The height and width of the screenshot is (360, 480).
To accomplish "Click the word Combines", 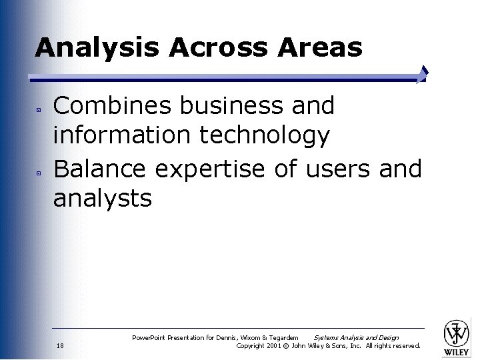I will (109, 105).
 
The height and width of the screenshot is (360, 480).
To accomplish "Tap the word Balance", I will (100, 169).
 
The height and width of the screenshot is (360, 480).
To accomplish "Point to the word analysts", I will (103, 198).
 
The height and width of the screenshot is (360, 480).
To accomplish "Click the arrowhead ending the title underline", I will (422, 75).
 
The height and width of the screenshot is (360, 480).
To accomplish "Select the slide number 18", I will (60, 346).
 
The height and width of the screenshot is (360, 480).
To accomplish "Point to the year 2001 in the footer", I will (275, 346).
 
